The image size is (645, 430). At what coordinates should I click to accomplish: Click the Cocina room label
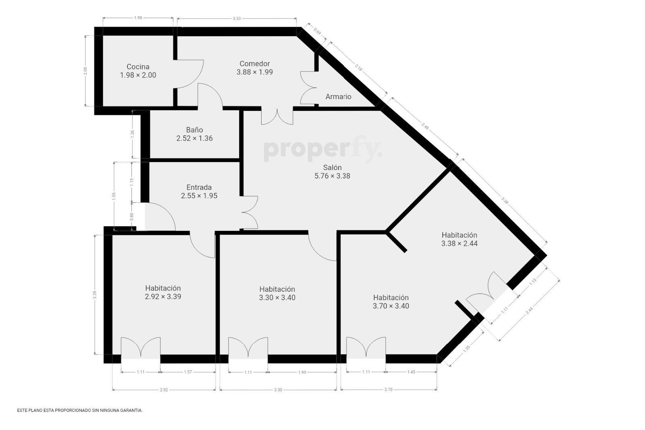click(138, 67)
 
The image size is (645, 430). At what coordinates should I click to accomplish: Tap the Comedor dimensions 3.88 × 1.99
click(254, 72)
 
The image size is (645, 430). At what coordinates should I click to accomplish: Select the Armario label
click(338, 97)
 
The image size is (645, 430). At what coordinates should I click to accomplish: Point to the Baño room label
click(194, 129)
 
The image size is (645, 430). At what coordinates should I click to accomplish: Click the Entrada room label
click(199, 187)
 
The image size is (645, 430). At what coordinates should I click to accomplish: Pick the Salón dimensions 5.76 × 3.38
click(332, 176)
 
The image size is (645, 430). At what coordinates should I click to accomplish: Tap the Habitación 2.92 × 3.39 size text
click(163, 297)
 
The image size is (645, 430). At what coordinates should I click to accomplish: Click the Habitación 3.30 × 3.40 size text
click(277, 297)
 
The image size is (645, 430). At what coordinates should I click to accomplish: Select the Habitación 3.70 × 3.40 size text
click(391, 306)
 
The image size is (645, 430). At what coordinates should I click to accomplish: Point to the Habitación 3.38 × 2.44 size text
click(460, 243)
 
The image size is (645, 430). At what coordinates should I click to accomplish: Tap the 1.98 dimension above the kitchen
click(138, 18)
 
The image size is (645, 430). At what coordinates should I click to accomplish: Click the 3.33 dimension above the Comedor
click(237, 19)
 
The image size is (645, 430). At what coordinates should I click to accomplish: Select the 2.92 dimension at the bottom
click(164, 390)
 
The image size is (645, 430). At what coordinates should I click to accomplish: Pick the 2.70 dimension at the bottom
click(389, 390)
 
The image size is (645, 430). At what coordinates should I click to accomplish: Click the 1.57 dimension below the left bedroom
click(188, 372)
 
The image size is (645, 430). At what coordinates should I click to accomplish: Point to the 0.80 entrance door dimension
click(132, 216)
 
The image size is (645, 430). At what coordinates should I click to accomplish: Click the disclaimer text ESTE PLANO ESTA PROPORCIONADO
click(80, 410)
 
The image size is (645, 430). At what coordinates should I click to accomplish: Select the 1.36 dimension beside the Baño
click(133, 134)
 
